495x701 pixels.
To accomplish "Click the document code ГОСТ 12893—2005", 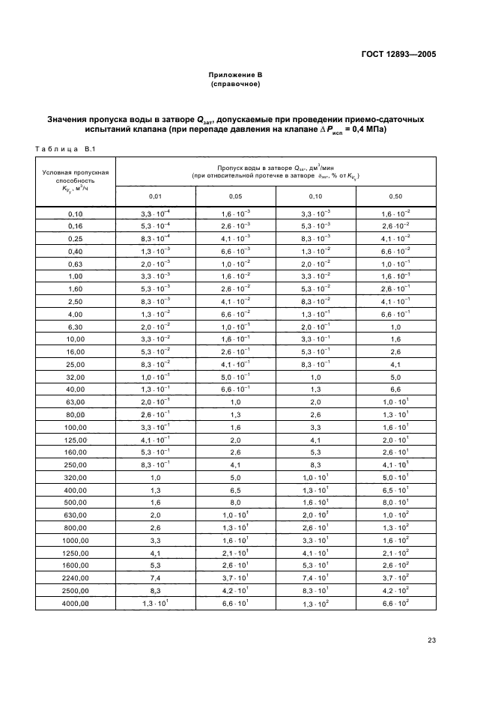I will point(398,55).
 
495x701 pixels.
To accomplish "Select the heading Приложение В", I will point(235,75).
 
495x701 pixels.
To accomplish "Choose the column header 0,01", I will point(156,196).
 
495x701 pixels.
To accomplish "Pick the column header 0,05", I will point(235,196).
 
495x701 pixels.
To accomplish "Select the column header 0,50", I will point(396,196).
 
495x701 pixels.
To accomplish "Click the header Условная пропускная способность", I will point(76,180).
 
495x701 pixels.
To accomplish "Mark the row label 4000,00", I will point(75,603).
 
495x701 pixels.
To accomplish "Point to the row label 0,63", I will point(75,264).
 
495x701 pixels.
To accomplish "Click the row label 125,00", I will point(75,439).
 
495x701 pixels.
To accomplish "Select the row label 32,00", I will point(75,377).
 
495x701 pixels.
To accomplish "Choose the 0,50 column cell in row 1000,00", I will point(396,540).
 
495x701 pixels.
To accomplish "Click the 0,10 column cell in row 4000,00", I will point(315,604).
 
